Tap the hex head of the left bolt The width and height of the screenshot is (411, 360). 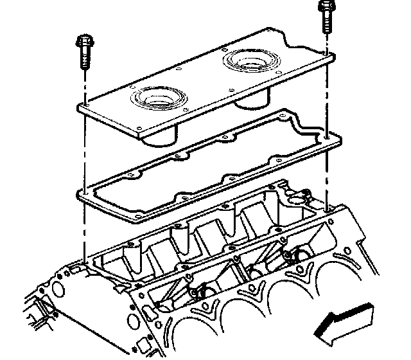(x=84, y=42)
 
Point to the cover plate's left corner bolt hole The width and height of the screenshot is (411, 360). (x=84, y=105)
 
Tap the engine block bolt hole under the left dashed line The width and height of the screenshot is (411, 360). (x=84, y=262)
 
